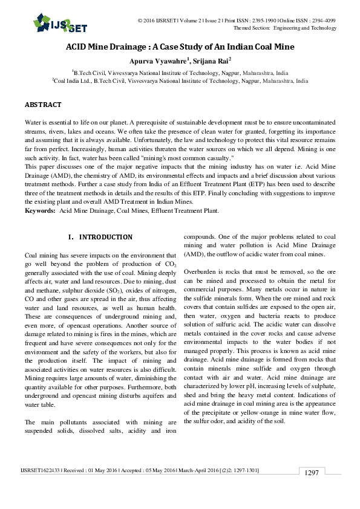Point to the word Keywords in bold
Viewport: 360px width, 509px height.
click(38, 210)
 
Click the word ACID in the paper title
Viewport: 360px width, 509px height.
click(77, 47)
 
